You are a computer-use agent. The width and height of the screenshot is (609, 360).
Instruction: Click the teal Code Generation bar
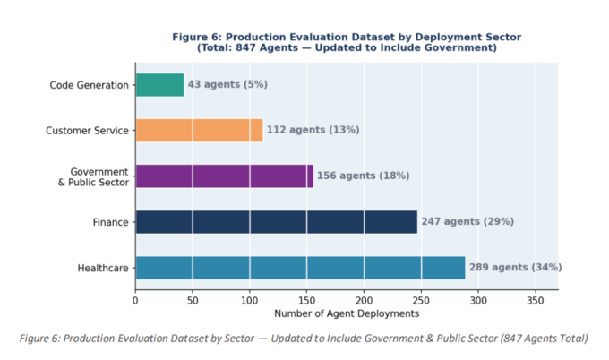pos(159,85)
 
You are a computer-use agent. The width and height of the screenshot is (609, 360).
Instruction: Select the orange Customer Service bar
pos(199,130)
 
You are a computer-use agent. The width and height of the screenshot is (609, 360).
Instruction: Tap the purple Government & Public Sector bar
pos(225,176)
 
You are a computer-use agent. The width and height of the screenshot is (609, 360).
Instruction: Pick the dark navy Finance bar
pos(277,222)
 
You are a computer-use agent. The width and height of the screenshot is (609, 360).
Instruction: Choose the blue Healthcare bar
pos(301,268)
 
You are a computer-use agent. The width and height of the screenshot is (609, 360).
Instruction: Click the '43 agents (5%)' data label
pos(227,84)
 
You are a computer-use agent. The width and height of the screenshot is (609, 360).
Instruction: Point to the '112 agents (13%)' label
pos(313,130)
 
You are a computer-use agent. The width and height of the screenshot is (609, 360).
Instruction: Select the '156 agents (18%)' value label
pos(363,176)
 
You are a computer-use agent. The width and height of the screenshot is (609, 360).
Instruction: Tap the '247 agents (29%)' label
pos(467,221)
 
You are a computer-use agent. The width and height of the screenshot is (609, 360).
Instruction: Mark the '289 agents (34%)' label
pos(515,267)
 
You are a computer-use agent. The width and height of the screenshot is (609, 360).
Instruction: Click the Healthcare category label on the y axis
pos(103,268)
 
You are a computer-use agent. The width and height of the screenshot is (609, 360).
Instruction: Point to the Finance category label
pos(111,222)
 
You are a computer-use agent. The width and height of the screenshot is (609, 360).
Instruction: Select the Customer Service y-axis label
pos(87,131)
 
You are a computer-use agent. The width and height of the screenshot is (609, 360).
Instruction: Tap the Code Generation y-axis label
pos(89,85)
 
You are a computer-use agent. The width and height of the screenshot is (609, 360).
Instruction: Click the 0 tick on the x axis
pos(135,301)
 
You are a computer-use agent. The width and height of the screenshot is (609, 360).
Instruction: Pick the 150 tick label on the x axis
pos(306,301)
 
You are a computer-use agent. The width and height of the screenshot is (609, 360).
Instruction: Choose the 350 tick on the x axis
pos(536,301)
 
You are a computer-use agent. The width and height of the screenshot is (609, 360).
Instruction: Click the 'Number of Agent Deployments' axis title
pos(347,313)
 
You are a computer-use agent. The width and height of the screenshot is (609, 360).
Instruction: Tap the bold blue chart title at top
pos(347,42)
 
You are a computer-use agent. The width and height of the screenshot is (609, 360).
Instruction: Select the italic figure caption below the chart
pos(304,339)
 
